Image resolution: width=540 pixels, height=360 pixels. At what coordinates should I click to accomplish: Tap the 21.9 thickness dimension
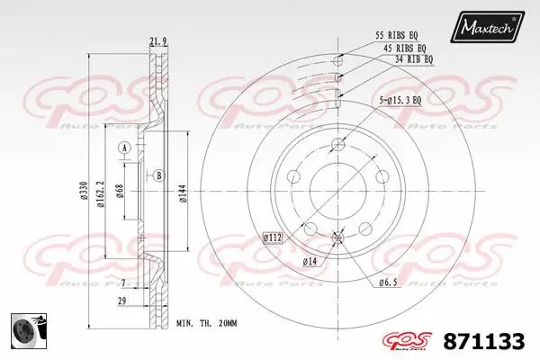(159, 40)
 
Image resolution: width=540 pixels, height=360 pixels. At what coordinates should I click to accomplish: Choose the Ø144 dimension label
(183, 191)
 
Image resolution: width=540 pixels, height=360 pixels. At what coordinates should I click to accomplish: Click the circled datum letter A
(125, 147)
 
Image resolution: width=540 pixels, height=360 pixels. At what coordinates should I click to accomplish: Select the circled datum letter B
(159, 175)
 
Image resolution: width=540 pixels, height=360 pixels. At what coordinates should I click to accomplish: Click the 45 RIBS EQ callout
(404, 47)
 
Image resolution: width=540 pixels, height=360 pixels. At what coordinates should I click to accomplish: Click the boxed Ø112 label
(274, 237)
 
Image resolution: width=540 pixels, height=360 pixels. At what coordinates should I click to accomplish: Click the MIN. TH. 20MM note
(206, 321)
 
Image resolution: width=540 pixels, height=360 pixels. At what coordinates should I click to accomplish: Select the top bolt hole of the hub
(338, 146)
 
